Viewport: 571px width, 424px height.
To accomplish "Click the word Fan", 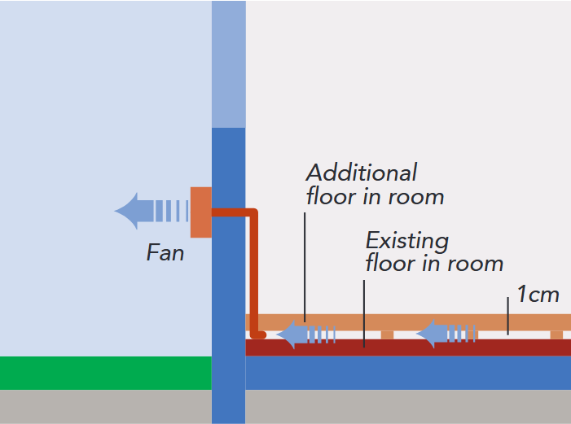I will (x=165, y=253).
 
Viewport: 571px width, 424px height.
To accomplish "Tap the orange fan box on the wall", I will (x=200, y=212).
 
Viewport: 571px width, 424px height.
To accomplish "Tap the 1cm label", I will (x=538, y=294).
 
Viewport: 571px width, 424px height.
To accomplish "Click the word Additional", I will (x=361, y=173).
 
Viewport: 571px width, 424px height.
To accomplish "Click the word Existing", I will (x=406, y=241).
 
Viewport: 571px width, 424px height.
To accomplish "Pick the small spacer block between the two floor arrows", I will (x=387, y=334).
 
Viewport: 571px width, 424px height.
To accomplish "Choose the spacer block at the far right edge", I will (x=556, y=334).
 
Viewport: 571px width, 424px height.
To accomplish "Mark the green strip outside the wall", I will (x=106, y=373).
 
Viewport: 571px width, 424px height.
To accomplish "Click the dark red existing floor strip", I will (x=407, y=348).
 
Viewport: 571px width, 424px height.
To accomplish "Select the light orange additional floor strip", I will (x=407, y=322).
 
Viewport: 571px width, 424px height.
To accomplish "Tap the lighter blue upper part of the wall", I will (x=228, y=65).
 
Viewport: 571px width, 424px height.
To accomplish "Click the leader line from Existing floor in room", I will (x=364, y=313).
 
